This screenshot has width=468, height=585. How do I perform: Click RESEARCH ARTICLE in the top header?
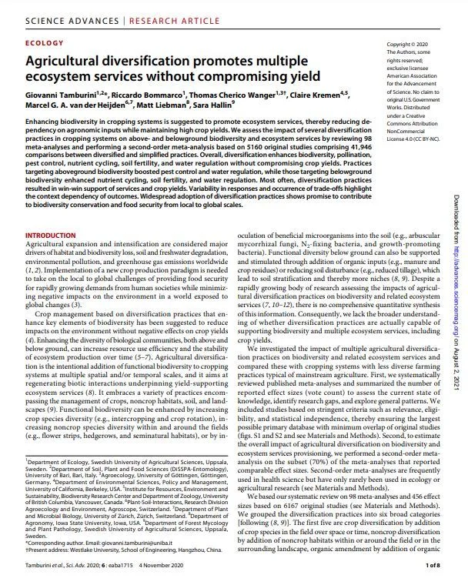(144, 12)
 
